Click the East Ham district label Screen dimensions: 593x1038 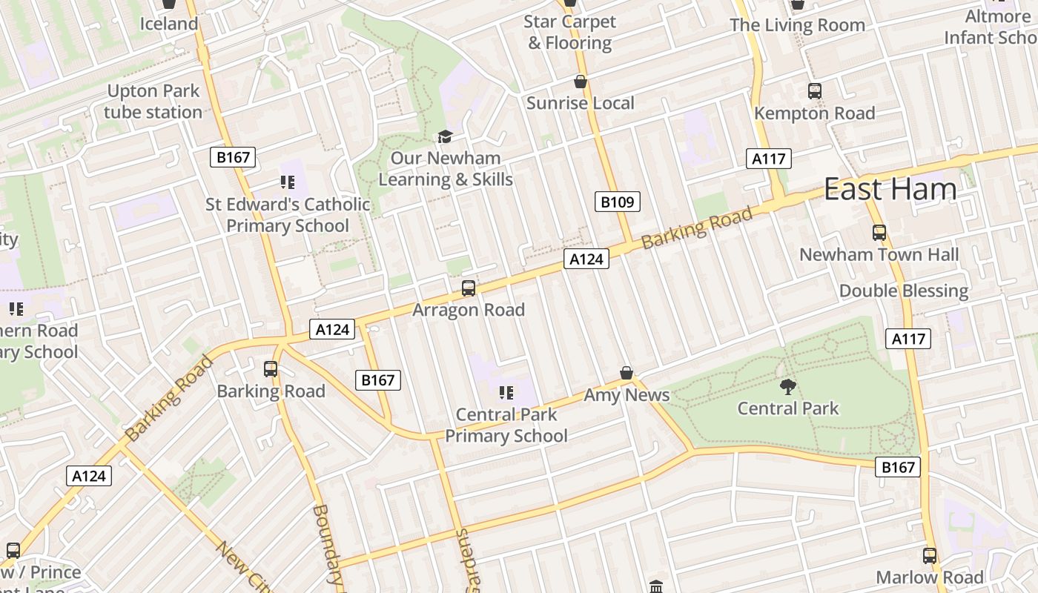pyautogui.click(x=890, y=190)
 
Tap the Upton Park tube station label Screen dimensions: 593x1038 pyautogui.click(x=153, y=102)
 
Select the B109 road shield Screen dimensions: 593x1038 pyautogui.click(x=617, y=201)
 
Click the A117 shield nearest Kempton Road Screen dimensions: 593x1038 pyautogui.click(x=769, y=159)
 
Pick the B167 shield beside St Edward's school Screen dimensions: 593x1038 pyautogui.click(x=233, y=157)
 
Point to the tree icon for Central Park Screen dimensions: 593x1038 pyautogui.click(x=787, y=386)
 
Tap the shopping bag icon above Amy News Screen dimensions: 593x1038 pyautogui.click(x=627, y=373)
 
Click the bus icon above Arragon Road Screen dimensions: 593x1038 pyautogui.click(x=468, y=288)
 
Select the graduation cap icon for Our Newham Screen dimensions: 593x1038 pyautogui.click(x=445, y=136)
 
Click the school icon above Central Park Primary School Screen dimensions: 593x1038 pyautogui.click(x=506, y=392)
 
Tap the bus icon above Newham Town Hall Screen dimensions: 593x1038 pyautogui.click(x=879, y=233)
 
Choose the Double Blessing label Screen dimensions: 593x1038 pyautogui.click(x=904, y=291)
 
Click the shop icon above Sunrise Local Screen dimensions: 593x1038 pyautogui.click(x=580, y=82)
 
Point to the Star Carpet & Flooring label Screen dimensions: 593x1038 pyautogui.click(x=569, y=33)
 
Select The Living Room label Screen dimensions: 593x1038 pyautogui.click(x=797, y=25)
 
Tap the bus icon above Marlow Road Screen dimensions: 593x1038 pyautogui.click(x=930, y=555)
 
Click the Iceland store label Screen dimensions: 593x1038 pyautogui.click(x=169, y=24)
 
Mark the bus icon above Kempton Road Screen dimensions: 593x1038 pyautogui.click(x=815, y=91)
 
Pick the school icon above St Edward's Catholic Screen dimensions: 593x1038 pyautogui.click(x=288, y=182)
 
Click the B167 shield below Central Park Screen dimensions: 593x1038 pyautogui.click(x=898, y=467)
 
